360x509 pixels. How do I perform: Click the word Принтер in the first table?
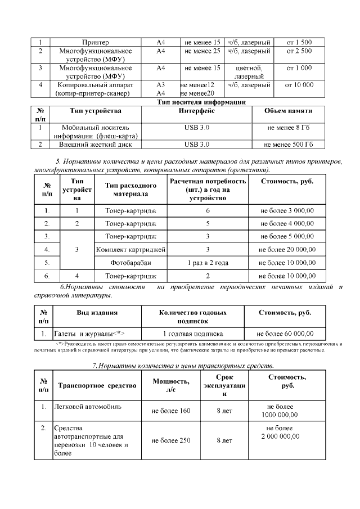[x=95, y=42]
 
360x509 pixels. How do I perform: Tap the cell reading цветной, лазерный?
[x=249, y=72]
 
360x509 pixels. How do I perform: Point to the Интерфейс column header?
[x=196, y=111]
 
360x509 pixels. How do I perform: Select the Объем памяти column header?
[x=289, y=111]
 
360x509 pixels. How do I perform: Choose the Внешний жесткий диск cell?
[x=95, y=145]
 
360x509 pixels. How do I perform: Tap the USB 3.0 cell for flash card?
[x=196, y=128]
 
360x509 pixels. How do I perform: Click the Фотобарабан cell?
[x=130, y=262]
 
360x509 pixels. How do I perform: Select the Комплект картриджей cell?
[x=130, y=249]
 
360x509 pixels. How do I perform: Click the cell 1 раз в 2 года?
[x=208, y=262]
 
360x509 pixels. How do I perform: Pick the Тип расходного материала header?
[x=130, y=190]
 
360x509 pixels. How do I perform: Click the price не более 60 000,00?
[x=285, y=332]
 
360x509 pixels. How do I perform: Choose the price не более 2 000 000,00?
[x=287, y=432]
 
